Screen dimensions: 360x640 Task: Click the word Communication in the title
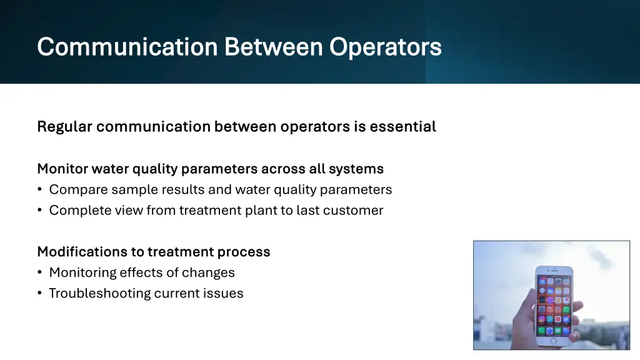(127, 47)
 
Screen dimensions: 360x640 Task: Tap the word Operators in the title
(386, 47)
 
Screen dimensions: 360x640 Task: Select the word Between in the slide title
(273, 47)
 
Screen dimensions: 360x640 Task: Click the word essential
(402, 127)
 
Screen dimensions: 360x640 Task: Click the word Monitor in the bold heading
(62, 169)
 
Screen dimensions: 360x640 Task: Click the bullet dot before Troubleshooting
(40, 294)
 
